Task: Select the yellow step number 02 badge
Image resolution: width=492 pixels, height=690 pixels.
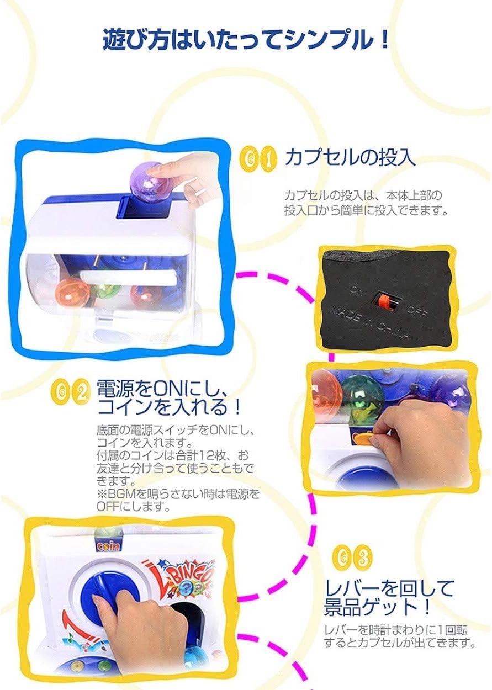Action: (x=72, y=391)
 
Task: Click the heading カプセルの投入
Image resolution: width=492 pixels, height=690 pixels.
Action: (x=350, y=157)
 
